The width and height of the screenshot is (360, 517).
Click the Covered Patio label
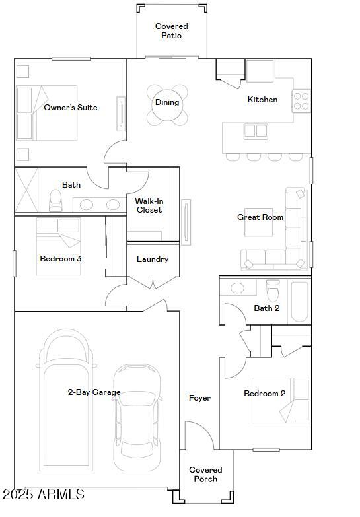click(171, 30)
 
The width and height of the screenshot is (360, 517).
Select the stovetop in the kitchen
click(301, 101)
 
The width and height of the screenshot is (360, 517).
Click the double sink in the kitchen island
click(256, 131)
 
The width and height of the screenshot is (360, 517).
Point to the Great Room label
click(260, 217)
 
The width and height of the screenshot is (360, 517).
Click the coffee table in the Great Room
click(259, 223)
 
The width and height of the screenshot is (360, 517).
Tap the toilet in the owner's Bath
click(55, 201)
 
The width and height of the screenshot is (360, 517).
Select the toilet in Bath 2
click(273, 291)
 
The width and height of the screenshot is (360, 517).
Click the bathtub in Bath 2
click(300, 302)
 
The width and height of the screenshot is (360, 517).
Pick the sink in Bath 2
click(238, 288)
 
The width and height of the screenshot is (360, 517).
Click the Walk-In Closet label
click(149, 205)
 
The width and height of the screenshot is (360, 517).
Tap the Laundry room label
click(153, 259)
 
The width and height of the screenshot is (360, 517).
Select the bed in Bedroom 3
click(58, 246)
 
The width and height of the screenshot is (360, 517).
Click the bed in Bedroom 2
click(281, 400)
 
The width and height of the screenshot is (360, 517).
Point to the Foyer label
click(199, 398)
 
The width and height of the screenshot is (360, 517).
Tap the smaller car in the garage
click(137, 418)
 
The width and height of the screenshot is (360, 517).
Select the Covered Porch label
click(205, 475)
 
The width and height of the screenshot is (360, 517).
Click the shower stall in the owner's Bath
click(26, 190)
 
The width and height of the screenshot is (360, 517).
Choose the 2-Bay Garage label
click(94, 392)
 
